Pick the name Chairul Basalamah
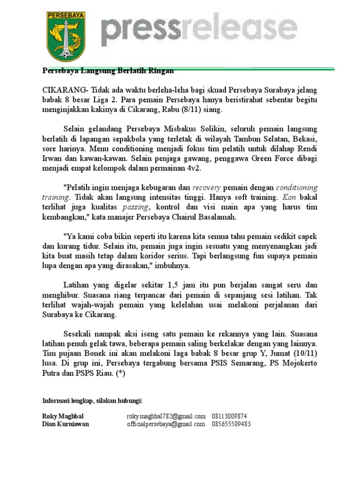(207, 217)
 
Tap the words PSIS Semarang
(239, 364)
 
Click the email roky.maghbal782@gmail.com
(166, 416)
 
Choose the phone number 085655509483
(232, 425)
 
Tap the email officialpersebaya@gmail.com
(166, 425)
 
